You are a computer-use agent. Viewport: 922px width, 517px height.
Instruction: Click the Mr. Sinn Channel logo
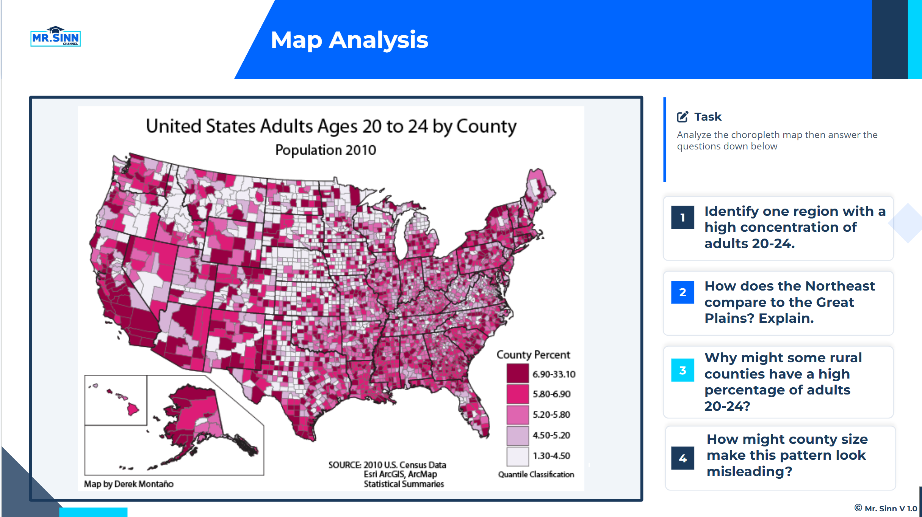55,37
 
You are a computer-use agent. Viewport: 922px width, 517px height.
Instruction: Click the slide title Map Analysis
349,40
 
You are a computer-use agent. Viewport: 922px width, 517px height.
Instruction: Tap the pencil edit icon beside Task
682,116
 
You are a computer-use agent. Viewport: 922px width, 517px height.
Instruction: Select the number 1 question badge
682,217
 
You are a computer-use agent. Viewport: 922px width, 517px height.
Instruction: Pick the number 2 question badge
682,292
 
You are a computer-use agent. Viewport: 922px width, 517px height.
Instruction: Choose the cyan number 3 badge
682,370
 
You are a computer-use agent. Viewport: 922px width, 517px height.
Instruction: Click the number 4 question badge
682,458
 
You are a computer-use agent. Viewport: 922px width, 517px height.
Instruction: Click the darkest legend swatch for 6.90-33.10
518,373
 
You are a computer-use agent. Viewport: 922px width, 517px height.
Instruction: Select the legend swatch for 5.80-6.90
518,394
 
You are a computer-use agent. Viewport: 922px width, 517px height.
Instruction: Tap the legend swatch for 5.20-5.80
518,415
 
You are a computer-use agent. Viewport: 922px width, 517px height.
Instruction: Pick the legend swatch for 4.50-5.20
518,435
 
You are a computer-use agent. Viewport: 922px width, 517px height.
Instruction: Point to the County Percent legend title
533,355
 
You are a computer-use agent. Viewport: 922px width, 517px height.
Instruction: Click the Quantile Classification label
536,474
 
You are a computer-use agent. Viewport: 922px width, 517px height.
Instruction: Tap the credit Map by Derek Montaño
129,484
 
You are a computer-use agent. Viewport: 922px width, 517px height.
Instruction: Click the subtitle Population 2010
326,150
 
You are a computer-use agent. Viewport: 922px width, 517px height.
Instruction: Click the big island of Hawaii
133,409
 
